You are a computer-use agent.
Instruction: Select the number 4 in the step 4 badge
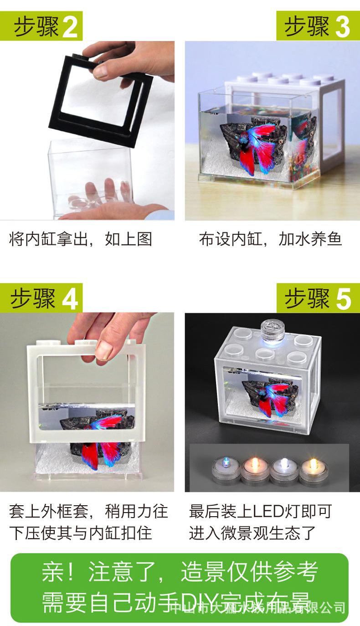coord(69,299)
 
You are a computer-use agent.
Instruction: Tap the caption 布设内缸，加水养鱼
coord(270,239)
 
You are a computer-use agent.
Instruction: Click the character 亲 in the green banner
coord(51,573)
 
